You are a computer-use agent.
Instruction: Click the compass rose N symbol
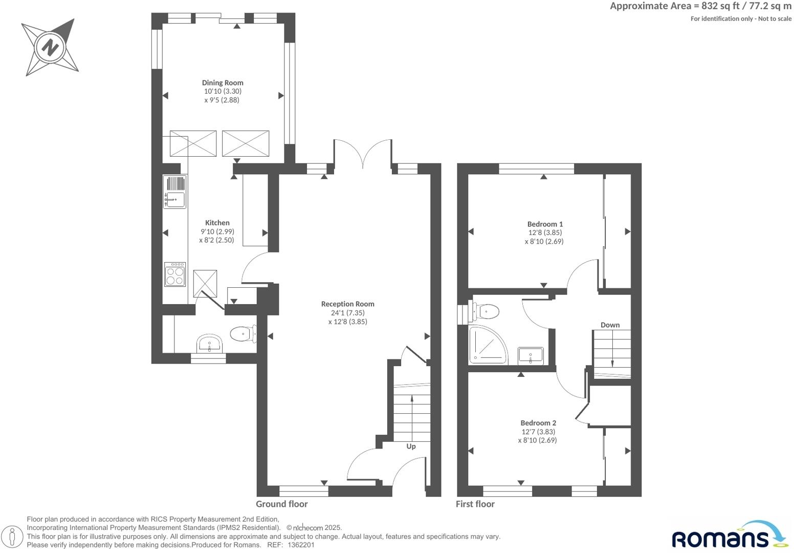(50, 48)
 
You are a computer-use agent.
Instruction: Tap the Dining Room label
(223, 82)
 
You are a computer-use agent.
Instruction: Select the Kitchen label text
(217, 223)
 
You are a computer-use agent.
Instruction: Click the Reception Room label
(347, 304)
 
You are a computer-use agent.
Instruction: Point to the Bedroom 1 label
(545, 224)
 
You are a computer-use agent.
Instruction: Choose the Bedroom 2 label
(538, 423)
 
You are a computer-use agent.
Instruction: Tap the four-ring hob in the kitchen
(175, 274)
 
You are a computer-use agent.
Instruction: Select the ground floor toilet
(242, 334)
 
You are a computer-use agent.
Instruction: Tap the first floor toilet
(486, 311)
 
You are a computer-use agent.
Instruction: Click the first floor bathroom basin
(531, 355)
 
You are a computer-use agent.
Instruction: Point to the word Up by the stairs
(411, 446)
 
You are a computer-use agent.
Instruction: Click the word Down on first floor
(610, 325)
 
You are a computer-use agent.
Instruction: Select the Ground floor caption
(282, 504)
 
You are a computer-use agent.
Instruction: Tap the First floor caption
(475, 504)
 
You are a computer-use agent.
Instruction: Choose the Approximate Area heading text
(700, 6)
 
